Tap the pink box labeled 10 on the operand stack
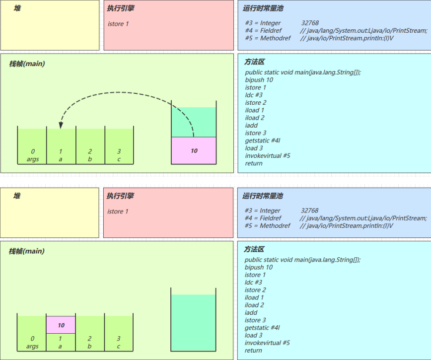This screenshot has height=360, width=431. [194, 150]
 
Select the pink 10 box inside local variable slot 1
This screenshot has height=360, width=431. [61, 325]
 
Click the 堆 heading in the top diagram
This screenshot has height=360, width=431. [17, 8]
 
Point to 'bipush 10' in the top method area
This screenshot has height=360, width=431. [259, 80]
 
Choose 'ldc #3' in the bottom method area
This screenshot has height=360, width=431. [253, 282]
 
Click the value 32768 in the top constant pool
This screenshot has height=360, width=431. [310, 23]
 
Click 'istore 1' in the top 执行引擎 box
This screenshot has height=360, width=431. [118, 24]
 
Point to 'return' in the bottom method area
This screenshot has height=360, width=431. [253, 350]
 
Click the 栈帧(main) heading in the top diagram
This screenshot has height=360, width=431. [27, 64]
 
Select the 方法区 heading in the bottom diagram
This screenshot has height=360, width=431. [254, 249]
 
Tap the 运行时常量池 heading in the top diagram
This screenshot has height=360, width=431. [263, 8]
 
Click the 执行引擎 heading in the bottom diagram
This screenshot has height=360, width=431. [120, 196]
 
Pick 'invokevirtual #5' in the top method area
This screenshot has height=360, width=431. [268, 155]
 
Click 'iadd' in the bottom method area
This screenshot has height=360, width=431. [251, 312]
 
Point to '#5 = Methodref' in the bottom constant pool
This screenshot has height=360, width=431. [267, 226]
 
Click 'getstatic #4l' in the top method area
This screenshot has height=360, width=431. [263, 141]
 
